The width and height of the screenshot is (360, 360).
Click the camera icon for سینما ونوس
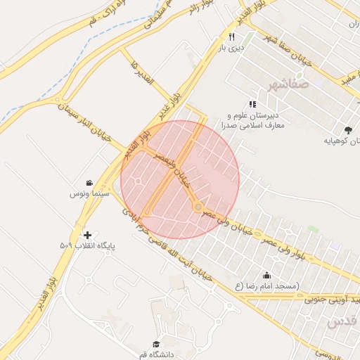tap(89, 183)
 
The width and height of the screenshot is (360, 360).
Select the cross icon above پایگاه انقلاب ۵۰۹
tap(87, 235)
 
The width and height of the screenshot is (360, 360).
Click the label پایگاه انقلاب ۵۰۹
tap(87, 246)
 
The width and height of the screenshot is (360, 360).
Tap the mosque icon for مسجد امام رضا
tap(266, 276)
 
